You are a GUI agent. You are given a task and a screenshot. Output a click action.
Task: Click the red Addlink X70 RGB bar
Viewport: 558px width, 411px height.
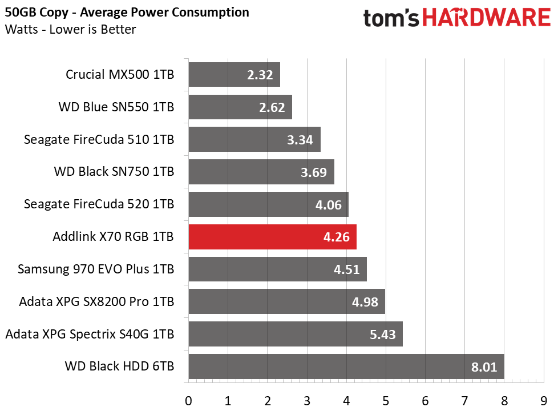click(272, 237)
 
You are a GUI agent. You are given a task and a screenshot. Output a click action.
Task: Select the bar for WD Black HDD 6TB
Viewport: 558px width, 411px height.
click(346, 366)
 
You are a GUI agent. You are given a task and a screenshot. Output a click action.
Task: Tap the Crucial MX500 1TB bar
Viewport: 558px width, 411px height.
click(234, 74)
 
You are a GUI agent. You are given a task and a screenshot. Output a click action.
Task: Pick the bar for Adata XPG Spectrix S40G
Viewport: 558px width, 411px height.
click(296, 334)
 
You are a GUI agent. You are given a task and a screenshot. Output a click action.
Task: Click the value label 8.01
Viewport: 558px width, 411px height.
click(484, 367)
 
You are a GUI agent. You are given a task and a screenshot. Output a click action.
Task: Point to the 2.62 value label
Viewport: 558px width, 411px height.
click(272, 107)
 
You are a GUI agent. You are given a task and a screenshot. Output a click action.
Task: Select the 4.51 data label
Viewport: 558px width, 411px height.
click(347, 269)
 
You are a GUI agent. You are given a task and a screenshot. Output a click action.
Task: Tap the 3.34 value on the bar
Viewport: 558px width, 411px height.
click(300, 140)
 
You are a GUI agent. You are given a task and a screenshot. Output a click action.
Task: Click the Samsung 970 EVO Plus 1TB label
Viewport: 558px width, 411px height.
click(96, 269)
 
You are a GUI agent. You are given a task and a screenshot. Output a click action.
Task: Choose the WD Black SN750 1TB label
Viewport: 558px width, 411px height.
click(114, 171)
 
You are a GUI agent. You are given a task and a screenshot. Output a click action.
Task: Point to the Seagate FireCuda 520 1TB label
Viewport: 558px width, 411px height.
click(99, 204)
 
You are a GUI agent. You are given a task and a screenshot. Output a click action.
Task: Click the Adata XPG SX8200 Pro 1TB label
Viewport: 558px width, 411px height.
click(96, 301)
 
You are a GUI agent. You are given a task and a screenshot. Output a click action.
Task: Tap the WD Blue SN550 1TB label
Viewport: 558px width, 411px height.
click(116, 107)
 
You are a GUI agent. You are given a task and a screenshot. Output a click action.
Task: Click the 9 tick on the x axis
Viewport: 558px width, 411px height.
click(543, 401)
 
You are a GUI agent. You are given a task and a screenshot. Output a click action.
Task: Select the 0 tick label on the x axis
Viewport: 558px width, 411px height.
click(189, 401)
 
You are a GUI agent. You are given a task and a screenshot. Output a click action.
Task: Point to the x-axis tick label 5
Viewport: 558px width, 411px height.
click(386, 401)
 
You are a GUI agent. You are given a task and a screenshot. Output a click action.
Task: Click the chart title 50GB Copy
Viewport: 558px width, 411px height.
click(37, 13)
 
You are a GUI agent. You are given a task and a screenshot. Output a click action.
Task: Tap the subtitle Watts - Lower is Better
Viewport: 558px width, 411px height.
click(70, 29)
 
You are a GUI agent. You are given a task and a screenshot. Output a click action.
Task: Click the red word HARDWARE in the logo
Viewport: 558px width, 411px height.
click(487, 18)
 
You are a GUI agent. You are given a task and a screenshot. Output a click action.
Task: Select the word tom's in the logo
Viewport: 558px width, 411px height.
click(391, 18)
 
